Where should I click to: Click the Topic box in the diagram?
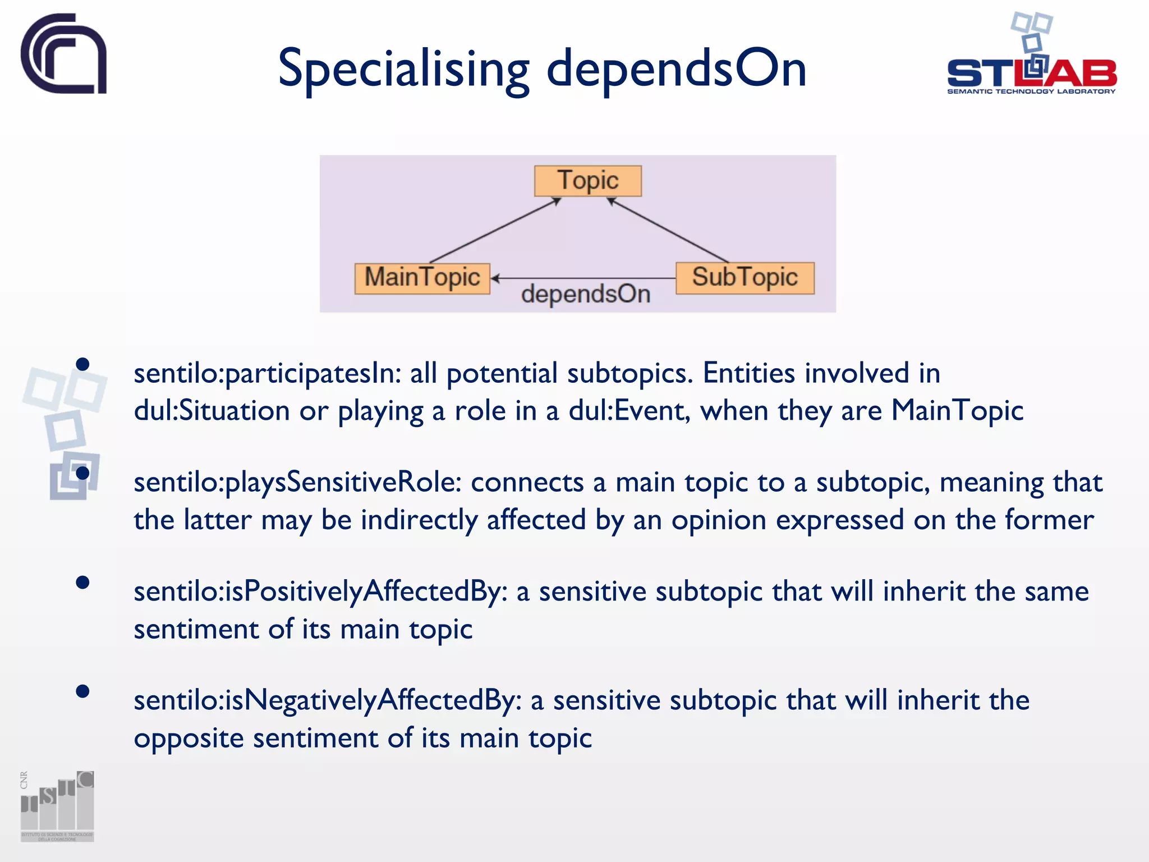click(587, 181)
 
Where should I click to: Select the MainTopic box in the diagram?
click(422, 278)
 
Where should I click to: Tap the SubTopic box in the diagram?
click(744, 278)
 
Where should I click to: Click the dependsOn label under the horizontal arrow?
click(585, 294)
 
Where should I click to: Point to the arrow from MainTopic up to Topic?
click(494, 231)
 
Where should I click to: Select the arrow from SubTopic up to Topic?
click(668, 230)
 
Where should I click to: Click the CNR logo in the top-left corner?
click(63, 54)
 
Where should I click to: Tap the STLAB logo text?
click(1031, 74)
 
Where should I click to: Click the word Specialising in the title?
click(403, 70)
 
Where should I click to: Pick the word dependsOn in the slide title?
click(676, 70)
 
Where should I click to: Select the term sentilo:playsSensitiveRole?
click(297, 483)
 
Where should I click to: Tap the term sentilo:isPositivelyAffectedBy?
click(320, 592)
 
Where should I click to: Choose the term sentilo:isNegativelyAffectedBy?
click(328, 701)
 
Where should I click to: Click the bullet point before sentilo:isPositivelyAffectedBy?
click(82, 583)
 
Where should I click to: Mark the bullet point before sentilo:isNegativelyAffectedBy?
click(82, 691)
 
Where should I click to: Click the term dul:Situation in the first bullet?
click(212, 411)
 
